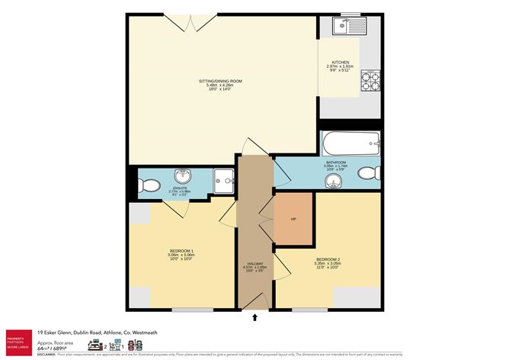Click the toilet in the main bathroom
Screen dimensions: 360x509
pos(369,172)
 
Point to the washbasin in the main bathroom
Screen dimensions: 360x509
pos(333,180)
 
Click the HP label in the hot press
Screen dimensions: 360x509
pos(293,220)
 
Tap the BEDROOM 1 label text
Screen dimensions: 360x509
pos(181,250)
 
